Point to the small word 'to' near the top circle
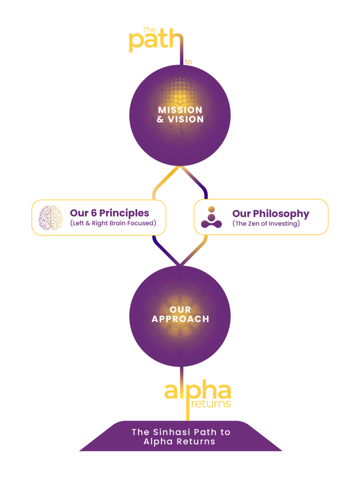coord(188,62)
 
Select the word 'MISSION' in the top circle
coord(180,110)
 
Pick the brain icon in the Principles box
coord(50,217)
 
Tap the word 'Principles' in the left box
coord(124,213)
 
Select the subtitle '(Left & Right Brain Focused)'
coord(113,223)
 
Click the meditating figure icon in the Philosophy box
coord(211,217)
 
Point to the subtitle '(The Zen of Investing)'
coord(266,224)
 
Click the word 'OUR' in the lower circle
coord(180,309)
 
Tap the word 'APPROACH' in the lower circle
coord(180,319)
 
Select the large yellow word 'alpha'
coord(198,391)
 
